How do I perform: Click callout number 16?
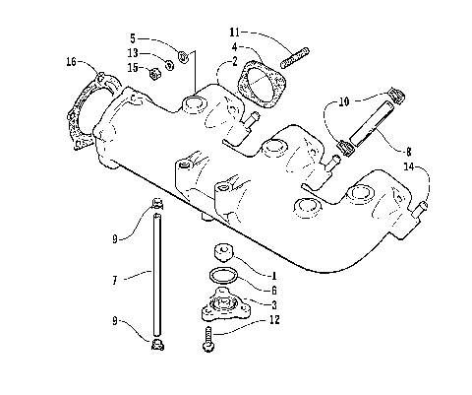coord(70,62)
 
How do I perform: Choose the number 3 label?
coord(275,304)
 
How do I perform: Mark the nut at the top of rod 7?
coord(157,208)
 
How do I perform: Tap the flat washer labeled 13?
coord(168,65)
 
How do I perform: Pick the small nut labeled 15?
coord(152,71)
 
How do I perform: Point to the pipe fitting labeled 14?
coord(422,208)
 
